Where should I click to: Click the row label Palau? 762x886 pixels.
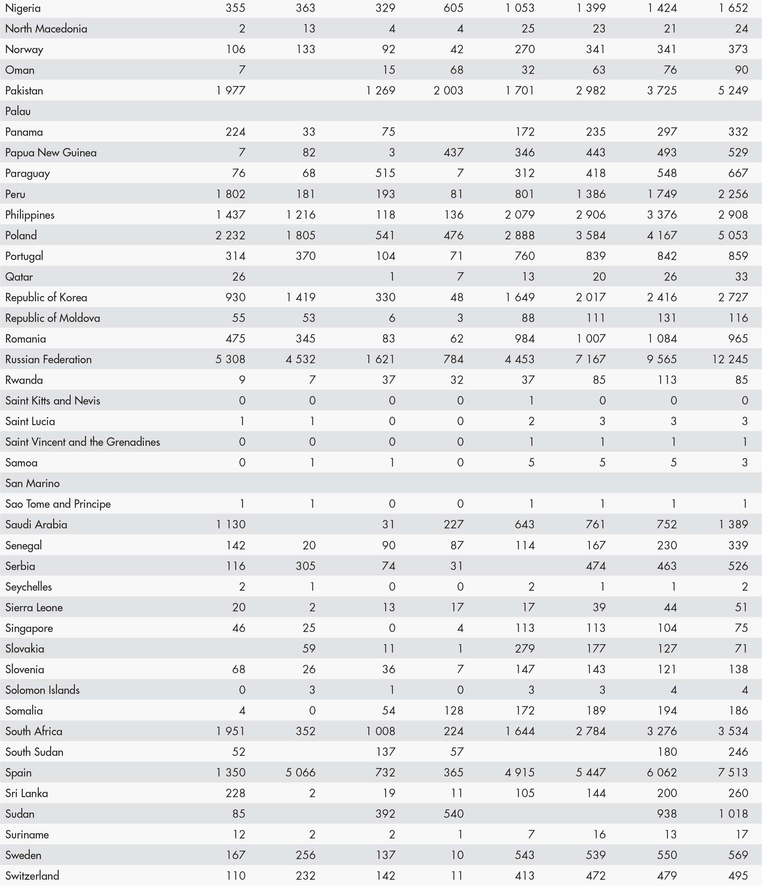[x=18, y=111]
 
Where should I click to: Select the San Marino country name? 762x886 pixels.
[x=33, y=483]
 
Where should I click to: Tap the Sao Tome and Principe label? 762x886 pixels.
[x=58, y=504]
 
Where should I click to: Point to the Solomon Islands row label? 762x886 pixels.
[x=42, y=690]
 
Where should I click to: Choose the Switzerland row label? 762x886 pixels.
[x=32, y=875]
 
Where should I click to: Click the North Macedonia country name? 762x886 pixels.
[x=46, y=29]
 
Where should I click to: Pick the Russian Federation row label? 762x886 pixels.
[x=48, y=359]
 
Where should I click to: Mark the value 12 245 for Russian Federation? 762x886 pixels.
[x=729, y=359]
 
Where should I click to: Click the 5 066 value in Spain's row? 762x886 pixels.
[x=301, y=772]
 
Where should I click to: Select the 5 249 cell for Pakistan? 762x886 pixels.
[x=733, y=91]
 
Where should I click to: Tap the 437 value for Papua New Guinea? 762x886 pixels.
[x=453, y=153]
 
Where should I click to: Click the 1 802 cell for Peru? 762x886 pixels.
[x=231, y=194]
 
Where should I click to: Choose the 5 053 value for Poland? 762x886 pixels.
[x=733, y=235]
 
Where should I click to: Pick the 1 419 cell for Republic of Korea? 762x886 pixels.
[x=301, y=297]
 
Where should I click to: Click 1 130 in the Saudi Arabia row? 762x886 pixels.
[x=231, y=524]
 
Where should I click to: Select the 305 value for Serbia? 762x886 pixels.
[x=305, y=566]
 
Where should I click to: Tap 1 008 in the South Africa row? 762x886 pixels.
[x=380, y=731]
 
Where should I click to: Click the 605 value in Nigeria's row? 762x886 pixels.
[x=453, y=8]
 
